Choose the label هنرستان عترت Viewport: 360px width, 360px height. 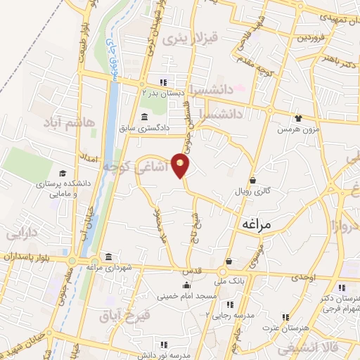coord(281,328)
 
